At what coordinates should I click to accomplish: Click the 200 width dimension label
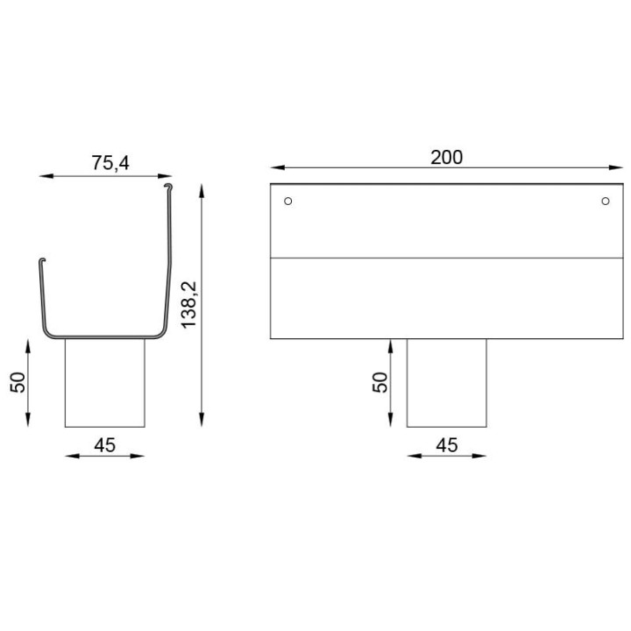coord(446,158)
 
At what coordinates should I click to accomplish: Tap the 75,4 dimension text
coord(110,163)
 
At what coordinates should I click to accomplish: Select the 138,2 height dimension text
coord(188,305)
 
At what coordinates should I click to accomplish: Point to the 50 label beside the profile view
coord(18,382)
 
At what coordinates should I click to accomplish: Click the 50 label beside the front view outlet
coord(380,382)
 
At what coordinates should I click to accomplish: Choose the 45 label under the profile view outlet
coord(104,445)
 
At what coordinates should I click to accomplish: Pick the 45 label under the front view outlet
coord(447,445)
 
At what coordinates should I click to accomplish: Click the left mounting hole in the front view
coord(287,201)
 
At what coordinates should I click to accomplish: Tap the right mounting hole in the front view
coord(606,201)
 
